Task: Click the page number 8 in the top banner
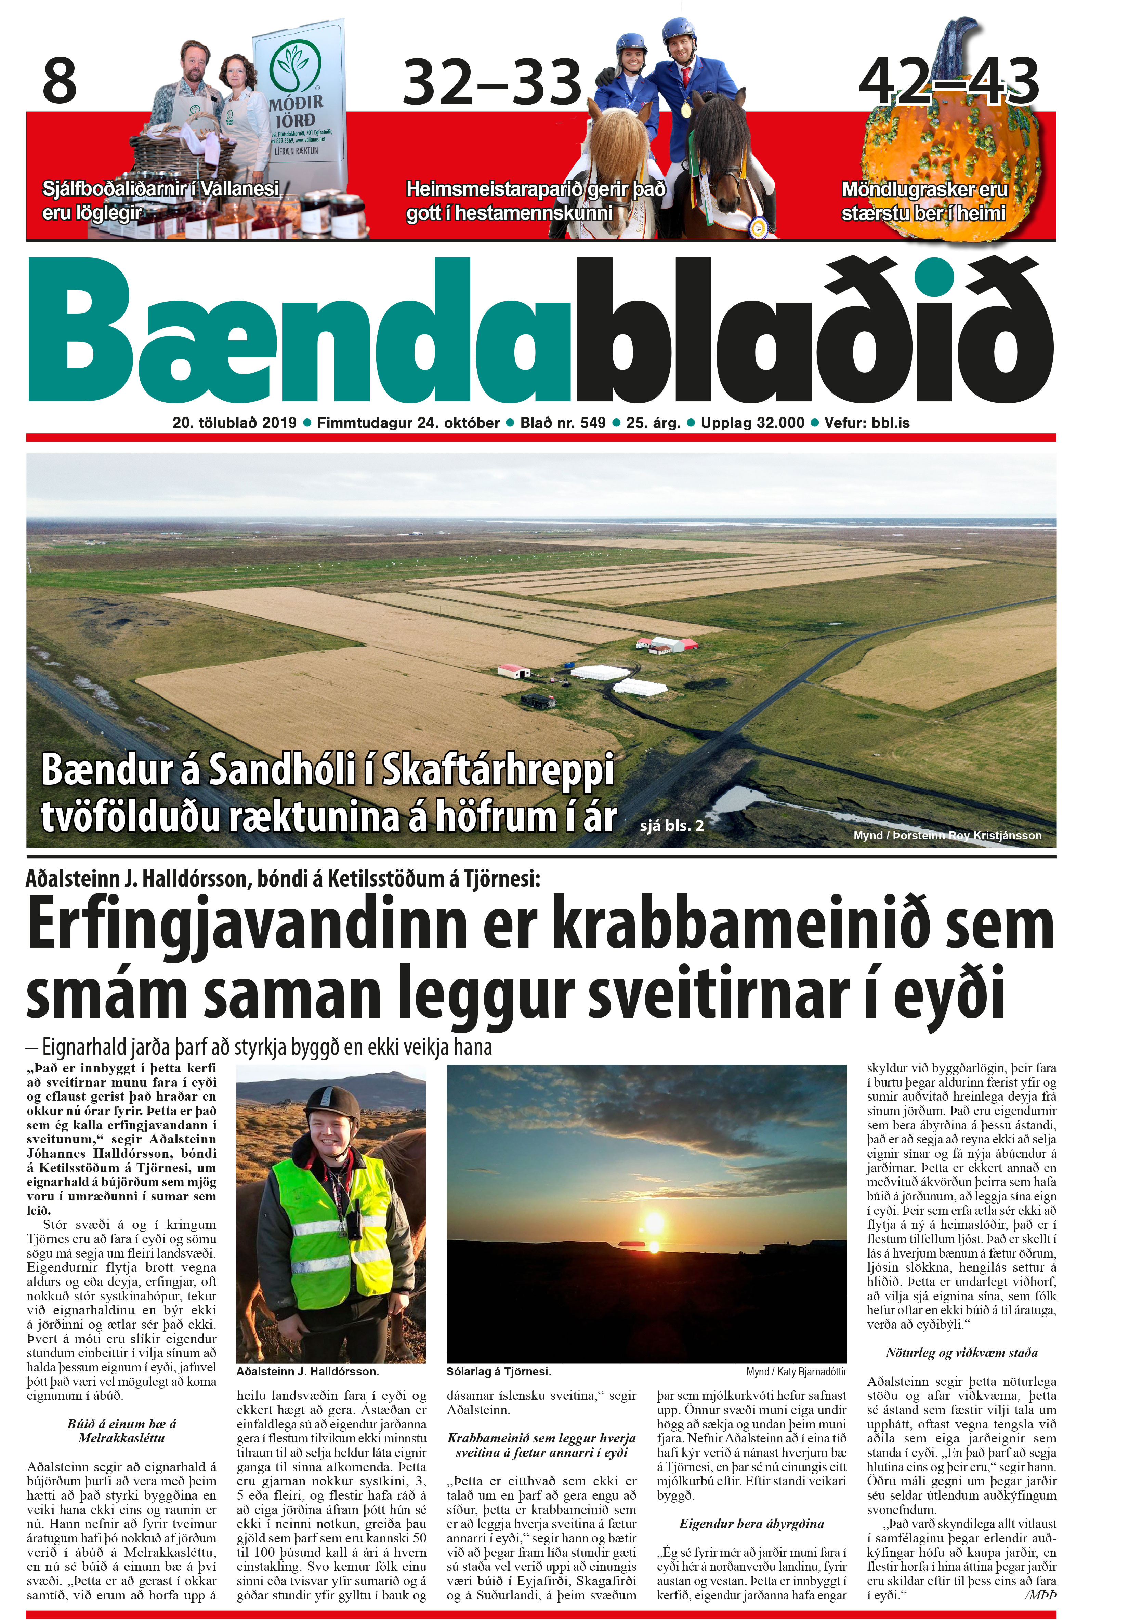(x=60, y=81)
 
